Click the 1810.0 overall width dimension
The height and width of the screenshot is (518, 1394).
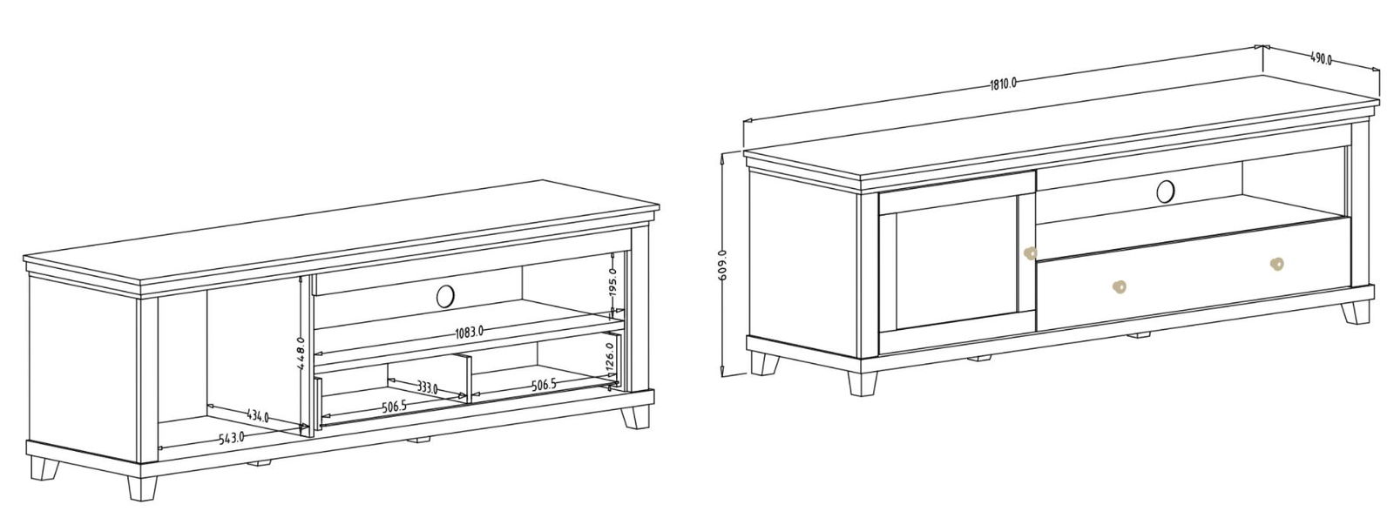(x=1003, y=84)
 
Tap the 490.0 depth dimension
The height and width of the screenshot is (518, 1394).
(x=1321, y=59)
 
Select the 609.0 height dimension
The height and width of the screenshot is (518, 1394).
(x=722, y=266)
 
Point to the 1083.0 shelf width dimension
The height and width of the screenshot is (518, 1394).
(x=470, y=332)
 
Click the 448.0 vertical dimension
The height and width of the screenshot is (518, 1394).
(x=300, y=353)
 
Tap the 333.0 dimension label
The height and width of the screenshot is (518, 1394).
(x=427, y=388)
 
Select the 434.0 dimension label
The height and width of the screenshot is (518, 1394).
(x=258, y=416)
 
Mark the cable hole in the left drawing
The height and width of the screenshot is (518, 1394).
(x=445, y=296)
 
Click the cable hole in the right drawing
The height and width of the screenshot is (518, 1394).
(x=1166, y=191)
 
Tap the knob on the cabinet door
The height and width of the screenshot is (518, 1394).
(x=1030, y=253)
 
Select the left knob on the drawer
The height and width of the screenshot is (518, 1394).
(x=1119, y=286)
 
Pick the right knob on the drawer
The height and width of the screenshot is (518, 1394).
(x=1276, y=264)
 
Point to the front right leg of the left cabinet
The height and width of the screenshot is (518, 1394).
(x=634, y=417)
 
